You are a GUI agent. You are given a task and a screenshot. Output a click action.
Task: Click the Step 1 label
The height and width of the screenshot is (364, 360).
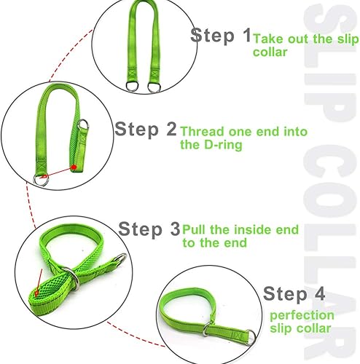(221, 36)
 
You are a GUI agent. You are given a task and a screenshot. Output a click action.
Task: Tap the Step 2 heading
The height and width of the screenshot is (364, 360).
(146, 130)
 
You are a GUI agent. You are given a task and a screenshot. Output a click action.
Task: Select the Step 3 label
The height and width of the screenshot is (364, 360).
(149, 229)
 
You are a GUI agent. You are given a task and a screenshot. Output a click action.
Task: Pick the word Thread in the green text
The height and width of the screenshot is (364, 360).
(202, 132)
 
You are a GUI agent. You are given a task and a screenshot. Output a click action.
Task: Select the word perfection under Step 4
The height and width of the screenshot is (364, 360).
(302, 315)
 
